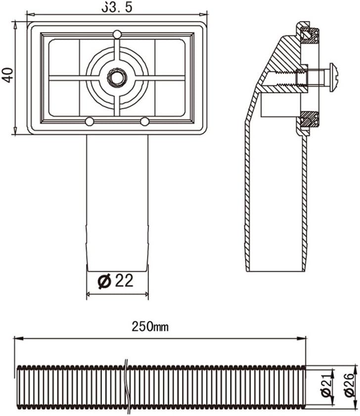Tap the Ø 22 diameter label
pos(116,281)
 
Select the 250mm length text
pos(150,326)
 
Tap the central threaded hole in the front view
pos(117,77)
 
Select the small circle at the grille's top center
pos(117,34)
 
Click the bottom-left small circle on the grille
pos(90,122)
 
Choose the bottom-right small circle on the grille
pos(144,122)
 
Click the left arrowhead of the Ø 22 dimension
pos(89,295)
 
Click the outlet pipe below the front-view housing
pos(117,198)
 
